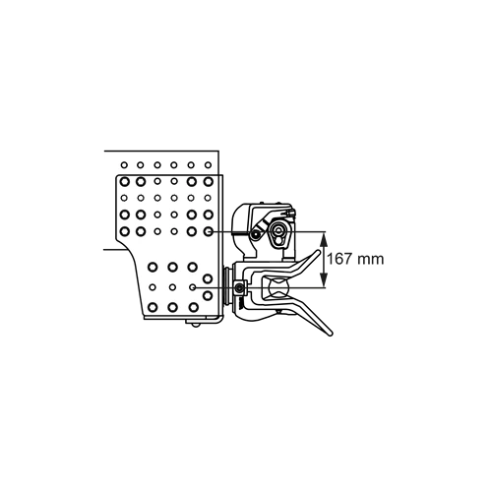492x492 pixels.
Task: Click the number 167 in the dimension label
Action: [x=340, y=259]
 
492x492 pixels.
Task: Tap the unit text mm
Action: [x=370, y=260]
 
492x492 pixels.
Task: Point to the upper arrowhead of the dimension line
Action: [x=324, y=237]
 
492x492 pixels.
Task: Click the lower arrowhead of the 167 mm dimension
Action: [x=324, y=281]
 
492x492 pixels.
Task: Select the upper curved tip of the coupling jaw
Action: [x=317, y=252]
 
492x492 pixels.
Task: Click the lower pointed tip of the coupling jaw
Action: [x=330, y=334]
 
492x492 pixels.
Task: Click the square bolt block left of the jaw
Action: [x=240, y=288]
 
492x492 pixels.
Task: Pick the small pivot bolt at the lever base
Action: [x=255, y=233]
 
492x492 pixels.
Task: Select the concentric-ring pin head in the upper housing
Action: [x=278, y=230]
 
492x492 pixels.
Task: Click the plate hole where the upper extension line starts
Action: [x=208, y=231]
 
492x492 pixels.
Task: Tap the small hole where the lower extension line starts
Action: [x=193, y=287]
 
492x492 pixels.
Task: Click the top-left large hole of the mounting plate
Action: [x=124, y=181]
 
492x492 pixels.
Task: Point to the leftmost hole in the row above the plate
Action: [x=124, y=165]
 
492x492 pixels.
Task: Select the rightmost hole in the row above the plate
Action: [x=208, y=165]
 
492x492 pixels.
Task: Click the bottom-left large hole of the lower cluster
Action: [x=153, y=307]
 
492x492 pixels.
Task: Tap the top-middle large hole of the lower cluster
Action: [x=172, y=267]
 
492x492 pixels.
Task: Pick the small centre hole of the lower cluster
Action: [x=172, y=287]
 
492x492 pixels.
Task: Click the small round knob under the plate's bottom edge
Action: [x=196, y=325]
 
